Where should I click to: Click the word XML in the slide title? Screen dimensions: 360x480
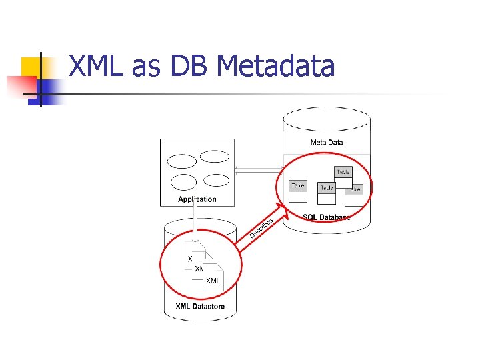[97, 66]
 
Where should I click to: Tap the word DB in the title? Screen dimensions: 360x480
[191, 66]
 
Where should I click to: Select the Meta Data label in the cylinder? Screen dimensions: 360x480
[327, 142]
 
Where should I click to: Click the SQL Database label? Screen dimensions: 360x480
[326, 217]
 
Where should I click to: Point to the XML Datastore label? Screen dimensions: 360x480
[200, 307]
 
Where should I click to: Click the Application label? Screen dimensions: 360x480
[197, 199]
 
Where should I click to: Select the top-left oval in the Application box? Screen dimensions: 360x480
[181, 161]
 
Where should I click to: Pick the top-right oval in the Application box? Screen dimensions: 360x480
[215, 157]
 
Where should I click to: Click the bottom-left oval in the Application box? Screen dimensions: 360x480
[183, 182]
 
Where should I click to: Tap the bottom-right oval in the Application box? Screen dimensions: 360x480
[216, 180]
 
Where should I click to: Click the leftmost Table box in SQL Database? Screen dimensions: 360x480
[298, 191]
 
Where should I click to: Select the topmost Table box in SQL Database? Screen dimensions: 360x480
[343, 174]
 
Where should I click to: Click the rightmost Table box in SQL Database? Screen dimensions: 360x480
[354, 193]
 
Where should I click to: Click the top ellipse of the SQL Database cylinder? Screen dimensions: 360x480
[327, 119]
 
